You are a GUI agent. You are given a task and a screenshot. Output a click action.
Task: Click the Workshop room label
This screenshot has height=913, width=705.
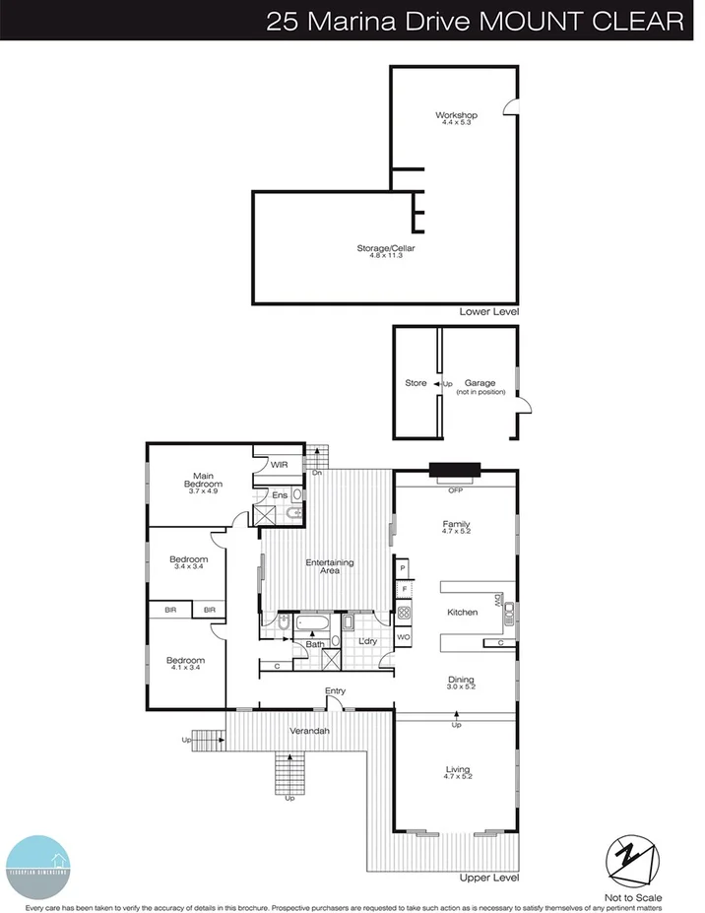456,116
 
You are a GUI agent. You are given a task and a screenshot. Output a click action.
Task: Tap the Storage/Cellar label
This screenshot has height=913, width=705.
386,248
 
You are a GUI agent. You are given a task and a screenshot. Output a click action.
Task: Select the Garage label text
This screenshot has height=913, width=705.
481,383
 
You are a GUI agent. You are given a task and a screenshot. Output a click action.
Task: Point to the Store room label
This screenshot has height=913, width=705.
416,383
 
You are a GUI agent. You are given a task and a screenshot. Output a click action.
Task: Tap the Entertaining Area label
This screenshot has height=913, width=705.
330,566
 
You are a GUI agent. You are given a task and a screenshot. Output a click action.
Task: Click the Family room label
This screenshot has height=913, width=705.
456,524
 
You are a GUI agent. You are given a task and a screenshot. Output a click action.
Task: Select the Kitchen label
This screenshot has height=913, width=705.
462,613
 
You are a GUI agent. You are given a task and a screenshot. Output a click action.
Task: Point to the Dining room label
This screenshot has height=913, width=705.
461,680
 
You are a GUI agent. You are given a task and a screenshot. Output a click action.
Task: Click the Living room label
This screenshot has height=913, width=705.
458,769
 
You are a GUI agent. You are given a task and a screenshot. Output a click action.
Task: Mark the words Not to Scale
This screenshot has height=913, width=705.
635,897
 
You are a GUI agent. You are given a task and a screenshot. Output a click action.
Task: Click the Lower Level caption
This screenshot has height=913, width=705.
488,312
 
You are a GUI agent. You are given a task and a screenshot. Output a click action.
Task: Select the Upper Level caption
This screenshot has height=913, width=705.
489,877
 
